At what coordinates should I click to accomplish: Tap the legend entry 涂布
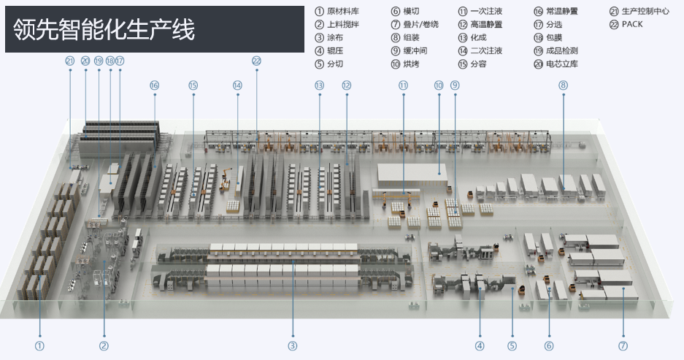click(x=335, y=38)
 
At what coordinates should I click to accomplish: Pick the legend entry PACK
click(x=632, y=25)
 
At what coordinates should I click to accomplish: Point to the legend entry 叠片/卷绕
click(x=420, y=25)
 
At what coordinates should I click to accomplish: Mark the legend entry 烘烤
click(x=411, y=64)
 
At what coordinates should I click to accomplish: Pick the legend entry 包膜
click(x=554, y=38)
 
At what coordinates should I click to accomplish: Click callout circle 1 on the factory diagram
click(x=39, y=345)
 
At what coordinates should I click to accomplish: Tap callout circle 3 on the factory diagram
click(x=293, y=345)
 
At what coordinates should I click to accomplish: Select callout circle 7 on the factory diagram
click(x=623, y=345)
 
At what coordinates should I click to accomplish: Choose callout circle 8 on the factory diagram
click(x=563, y=85)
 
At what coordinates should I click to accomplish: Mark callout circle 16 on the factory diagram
click(x=154, y=85)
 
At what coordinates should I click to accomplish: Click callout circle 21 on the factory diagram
click(x=70, y=61)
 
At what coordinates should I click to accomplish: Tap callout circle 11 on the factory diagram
click(x=402, y=85)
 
